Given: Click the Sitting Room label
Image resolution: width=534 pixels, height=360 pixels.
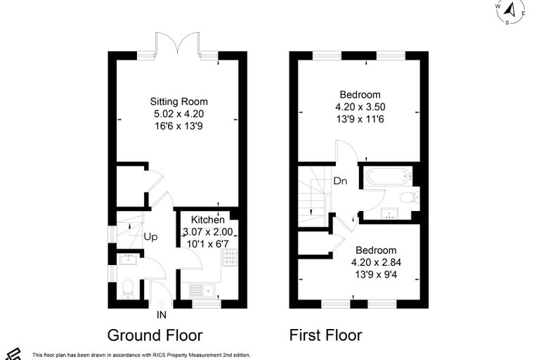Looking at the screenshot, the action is (x=178, y=101).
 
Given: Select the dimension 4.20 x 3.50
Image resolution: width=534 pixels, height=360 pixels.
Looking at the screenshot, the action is (x=360, y=107).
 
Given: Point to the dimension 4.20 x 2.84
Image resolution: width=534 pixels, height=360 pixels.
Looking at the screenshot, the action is (x=376, y=262).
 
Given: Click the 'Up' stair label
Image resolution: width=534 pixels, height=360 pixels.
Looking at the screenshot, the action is (x=150, y=237).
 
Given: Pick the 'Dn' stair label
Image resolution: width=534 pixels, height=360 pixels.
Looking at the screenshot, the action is (x=340, y=181).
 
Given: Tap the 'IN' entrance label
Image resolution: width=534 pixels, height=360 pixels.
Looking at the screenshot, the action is (x=162, y=315).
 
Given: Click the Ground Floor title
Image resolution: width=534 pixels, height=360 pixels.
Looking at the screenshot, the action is (x=155, y=335).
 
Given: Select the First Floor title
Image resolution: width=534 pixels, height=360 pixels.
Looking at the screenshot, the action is (x=325, y=335).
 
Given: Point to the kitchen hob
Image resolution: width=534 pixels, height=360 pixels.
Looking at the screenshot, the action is (x=230, y=257).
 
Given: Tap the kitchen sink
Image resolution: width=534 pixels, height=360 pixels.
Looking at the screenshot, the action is (x=202, y=290).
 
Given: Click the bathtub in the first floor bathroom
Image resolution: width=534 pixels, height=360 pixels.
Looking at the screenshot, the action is (x=389, y=176).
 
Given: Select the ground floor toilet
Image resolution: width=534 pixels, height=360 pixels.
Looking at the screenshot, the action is (x=128, y=289).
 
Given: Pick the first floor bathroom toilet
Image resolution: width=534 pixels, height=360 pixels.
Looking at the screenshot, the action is (x=410, y=198).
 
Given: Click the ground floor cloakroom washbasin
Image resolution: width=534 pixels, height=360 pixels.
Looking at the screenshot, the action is (x=129, y=259).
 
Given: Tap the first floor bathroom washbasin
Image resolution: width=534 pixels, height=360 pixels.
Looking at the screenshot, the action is (x=389, y=213).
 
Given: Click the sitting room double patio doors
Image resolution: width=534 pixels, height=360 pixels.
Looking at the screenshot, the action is (x=177, y=44).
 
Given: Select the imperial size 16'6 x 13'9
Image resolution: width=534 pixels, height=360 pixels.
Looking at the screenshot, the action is (x=178, y=126).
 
